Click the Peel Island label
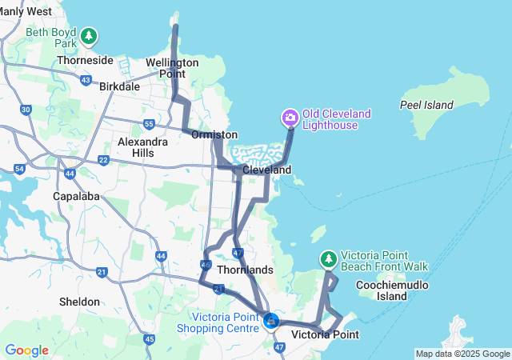(x=426, y=105)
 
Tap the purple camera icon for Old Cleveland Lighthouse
(x=290, y=118)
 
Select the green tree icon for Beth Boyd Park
(x=89, y=36)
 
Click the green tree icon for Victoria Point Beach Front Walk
(x=328, y=259)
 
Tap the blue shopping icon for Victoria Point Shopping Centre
(x=271, y=321)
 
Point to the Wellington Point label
(x=172, y=68)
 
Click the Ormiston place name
(x=214, y=135)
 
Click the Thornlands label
(x=246, y=270)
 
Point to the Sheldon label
(x=80, y=302)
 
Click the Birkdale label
(x=119, y=86)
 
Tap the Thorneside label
(x=84, y=60)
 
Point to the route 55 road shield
(x=149, y=123)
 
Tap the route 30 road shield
(x=26, y=109)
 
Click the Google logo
(x=26, y=350)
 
